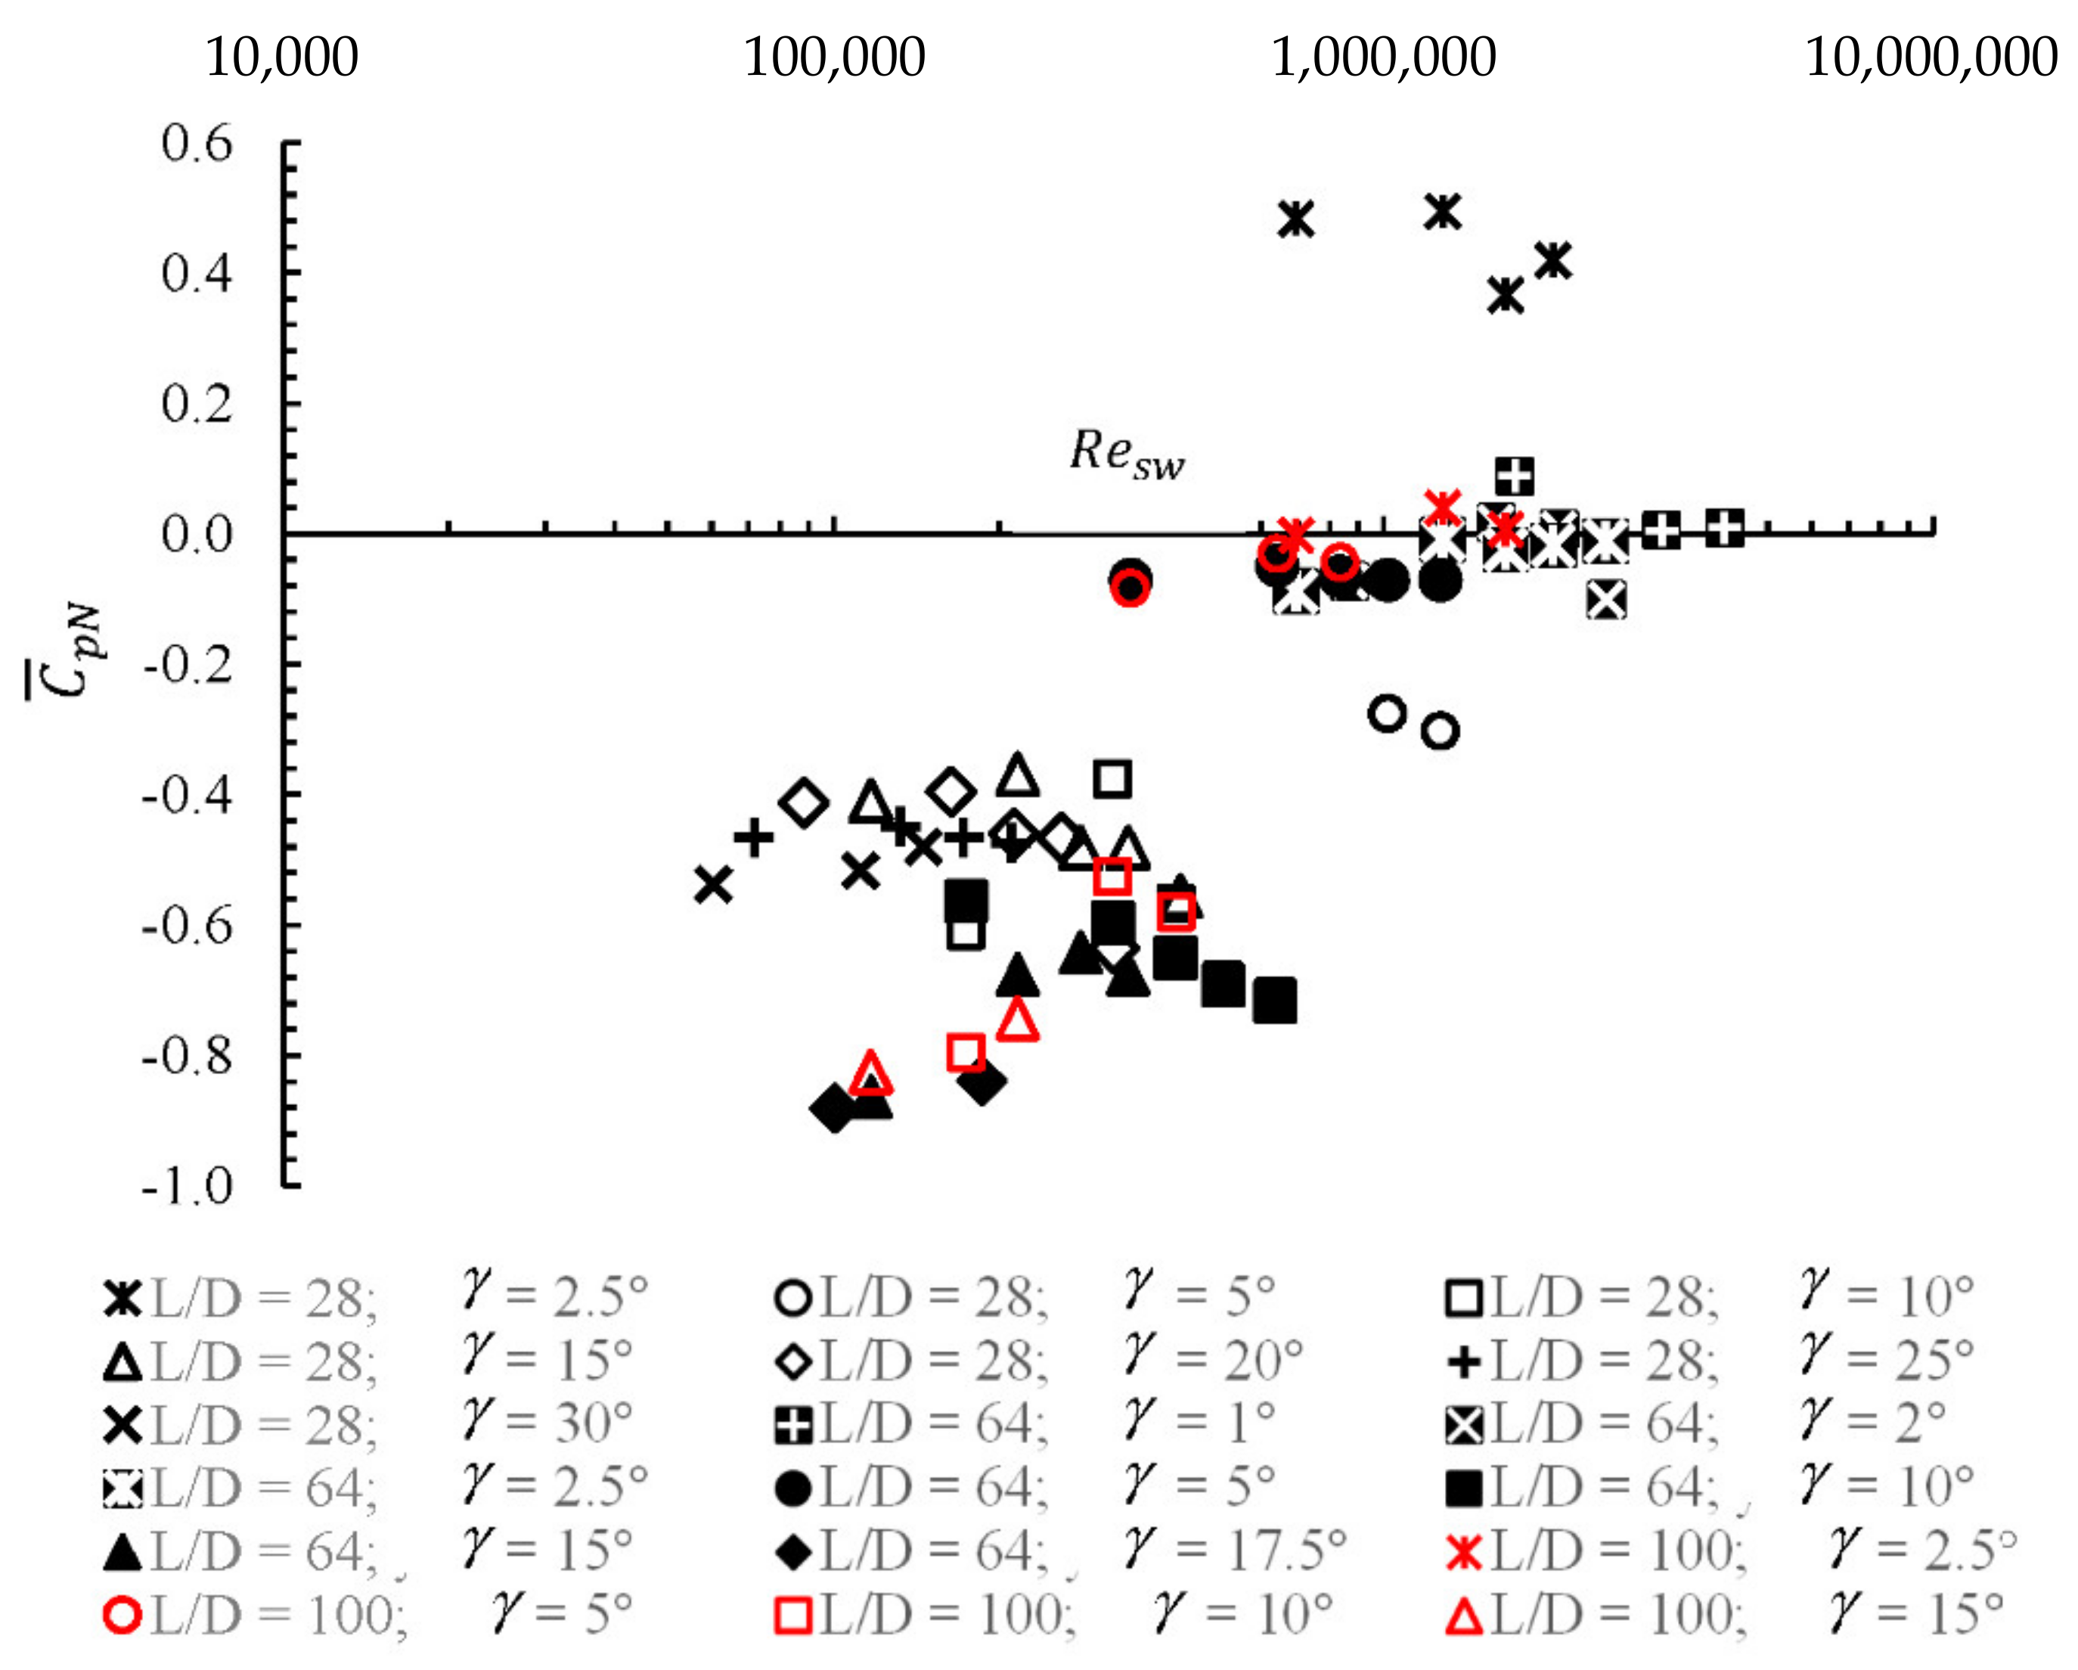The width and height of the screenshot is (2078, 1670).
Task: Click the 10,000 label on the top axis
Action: point(281,57)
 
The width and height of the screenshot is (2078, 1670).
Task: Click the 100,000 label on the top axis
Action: point(834,57)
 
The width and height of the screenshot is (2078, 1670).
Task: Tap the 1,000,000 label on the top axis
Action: point(1383,57)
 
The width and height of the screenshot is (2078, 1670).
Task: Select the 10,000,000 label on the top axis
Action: point(1931,57)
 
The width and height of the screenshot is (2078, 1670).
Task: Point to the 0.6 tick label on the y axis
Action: point(197,144)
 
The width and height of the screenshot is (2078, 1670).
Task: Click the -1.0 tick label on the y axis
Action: point(188,1187)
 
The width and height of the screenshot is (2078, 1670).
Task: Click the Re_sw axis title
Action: point(1127,453)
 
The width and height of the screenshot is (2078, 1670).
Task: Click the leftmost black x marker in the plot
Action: point(713,883)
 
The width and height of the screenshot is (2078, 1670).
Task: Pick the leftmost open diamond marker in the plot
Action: point(804,802)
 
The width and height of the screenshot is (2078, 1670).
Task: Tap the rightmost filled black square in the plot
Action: point(1274,1000)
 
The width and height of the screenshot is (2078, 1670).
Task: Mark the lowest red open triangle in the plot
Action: point(870,1072)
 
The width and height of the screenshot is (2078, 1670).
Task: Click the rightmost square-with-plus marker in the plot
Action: point(1724,527)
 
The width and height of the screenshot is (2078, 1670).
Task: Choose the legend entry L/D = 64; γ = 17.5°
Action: point(1060,1551)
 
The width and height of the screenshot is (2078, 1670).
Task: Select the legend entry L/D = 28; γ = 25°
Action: point(1710,1361)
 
